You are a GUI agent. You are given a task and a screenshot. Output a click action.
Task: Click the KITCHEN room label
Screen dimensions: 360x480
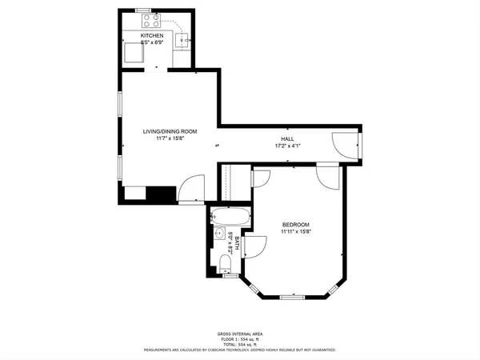point(152,36)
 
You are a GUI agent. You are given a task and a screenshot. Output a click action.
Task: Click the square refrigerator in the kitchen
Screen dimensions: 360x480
point(131,54)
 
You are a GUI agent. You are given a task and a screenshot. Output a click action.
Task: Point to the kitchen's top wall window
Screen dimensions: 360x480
point(144,10)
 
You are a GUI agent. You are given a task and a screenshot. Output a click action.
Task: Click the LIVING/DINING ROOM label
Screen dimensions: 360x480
point(170,131)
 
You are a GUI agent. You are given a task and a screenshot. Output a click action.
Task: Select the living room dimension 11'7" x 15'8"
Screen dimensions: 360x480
point(170,139)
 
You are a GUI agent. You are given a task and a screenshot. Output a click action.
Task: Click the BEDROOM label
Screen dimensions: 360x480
point(295,224)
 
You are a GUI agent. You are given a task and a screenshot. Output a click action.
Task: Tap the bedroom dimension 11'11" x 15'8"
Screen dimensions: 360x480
point(295,232)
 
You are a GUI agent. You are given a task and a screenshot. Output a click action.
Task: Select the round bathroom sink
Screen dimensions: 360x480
point(218,234)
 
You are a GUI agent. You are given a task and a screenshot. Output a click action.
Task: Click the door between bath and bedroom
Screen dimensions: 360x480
point(254,246)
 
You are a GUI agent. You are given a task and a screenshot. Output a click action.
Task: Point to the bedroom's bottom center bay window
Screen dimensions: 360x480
point(294,298)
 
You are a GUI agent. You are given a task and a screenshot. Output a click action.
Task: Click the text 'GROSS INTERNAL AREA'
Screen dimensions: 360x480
point(240,334)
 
